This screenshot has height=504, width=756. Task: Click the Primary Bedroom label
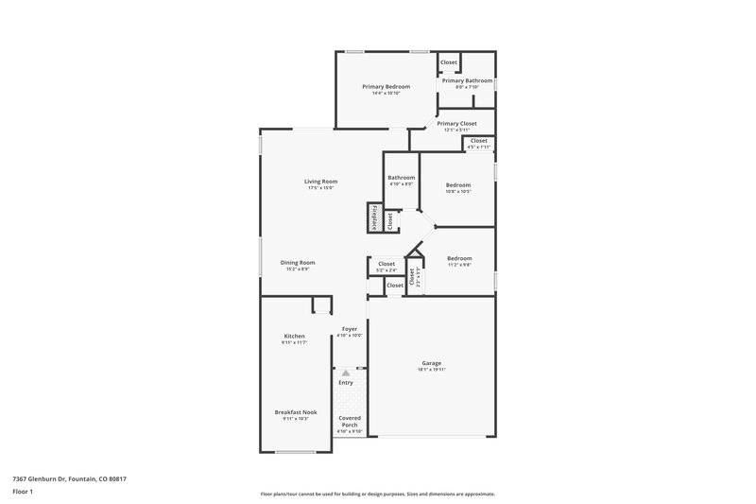click(387, 87)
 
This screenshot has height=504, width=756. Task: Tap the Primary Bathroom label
click(467, 81)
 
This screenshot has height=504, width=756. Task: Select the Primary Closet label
click(456, 123)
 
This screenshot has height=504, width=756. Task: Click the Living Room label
click(320, 182)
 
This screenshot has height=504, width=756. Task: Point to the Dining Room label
click(298, 262)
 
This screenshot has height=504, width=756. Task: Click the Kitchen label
click(294, 337)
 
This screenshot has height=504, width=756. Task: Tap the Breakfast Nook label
click(296, 412)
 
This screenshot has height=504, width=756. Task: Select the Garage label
click(431, 363)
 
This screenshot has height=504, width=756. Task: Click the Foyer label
click(350, 329)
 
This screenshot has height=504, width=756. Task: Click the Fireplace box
click(374, 217)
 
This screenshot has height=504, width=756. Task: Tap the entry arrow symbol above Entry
click(346, 374)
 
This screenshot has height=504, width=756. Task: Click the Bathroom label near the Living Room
click(401, 178)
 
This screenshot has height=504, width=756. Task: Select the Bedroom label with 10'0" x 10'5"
click(458, 184)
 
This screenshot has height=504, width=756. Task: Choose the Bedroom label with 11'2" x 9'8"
click(459, 258)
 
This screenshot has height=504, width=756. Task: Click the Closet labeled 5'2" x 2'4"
click(387, 264)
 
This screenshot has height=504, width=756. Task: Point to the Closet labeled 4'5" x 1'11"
click(479, 141)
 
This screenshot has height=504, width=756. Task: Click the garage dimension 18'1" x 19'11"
click(431, 370)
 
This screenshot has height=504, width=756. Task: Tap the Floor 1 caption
click(22, 493)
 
